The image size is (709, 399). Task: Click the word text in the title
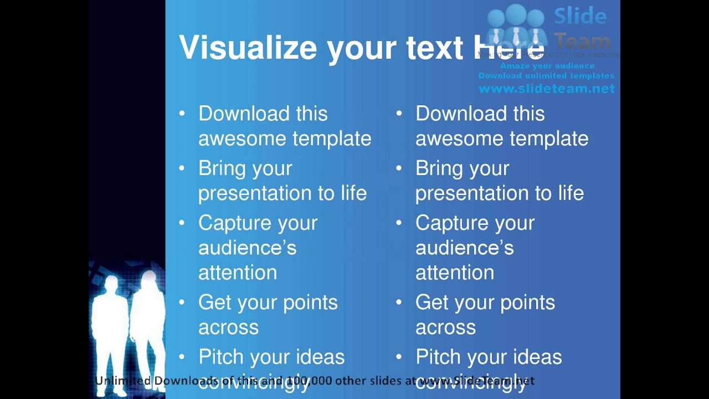pos(434,48)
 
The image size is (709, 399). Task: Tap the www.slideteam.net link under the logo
pos(547,89)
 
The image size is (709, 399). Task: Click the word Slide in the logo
pos(580,16)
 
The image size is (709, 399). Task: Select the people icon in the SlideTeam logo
pos(516,28)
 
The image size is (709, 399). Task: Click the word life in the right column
pos(570,193)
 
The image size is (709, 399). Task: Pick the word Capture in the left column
pos(233,223)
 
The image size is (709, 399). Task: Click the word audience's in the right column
pos(464,248)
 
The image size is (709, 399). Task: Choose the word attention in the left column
pos(238,273)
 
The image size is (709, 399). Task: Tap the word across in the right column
pos(445,327)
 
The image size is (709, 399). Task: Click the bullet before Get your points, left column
pos(182,303)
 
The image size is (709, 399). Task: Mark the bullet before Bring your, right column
pos(399,168)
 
